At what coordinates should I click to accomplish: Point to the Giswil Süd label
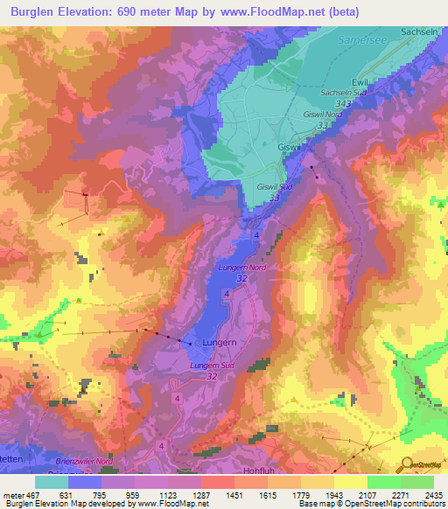275,187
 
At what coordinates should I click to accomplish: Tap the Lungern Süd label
212,365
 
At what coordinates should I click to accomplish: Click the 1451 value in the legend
234,494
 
